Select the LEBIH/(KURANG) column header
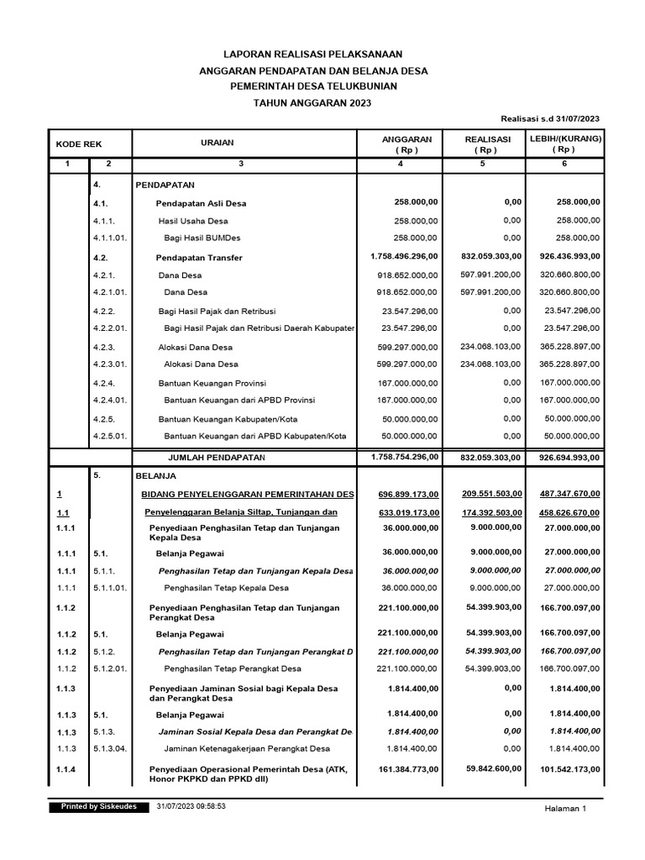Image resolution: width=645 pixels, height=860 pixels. (564, 144)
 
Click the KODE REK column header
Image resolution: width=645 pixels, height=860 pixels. (79, 144)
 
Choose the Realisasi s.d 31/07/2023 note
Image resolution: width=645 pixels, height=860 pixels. (549, 119)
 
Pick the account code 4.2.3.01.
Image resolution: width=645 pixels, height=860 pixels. (110, 364)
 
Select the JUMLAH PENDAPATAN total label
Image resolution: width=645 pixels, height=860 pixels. (217, 457)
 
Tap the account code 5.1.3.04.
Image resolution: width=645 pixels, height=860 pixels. (110, 748)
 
